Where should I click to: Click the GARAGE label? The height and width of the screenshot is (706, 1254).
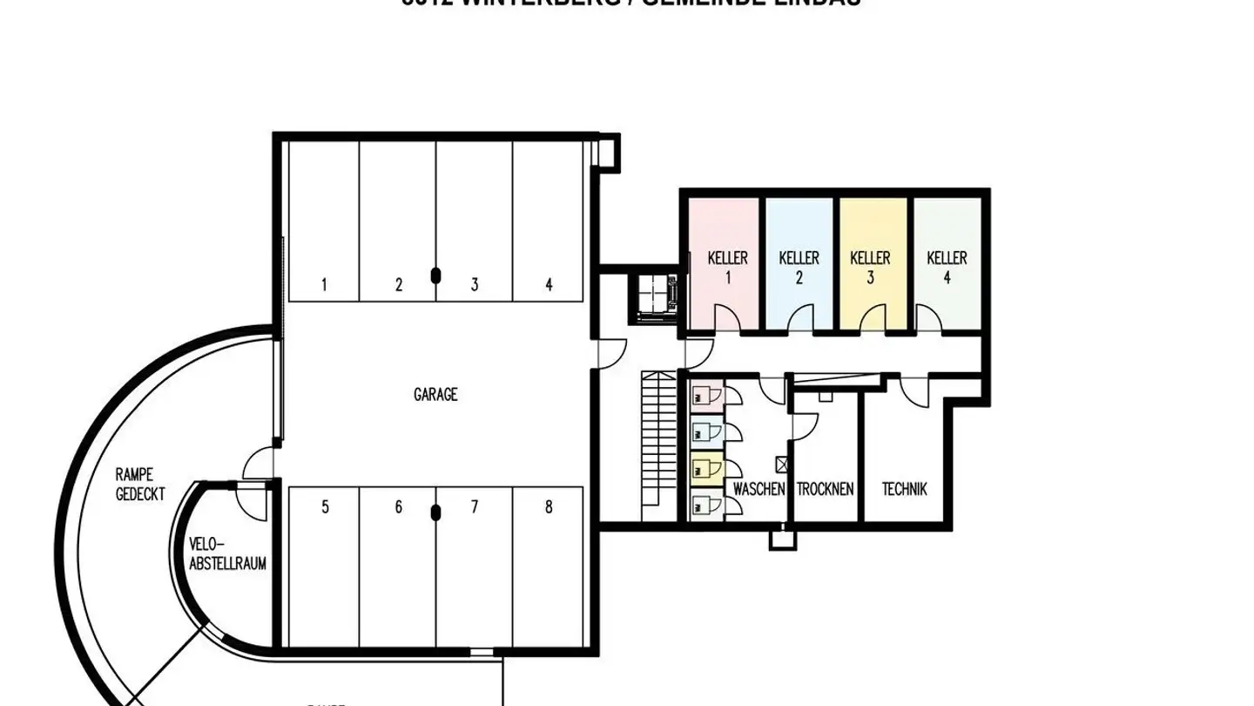(435, 395)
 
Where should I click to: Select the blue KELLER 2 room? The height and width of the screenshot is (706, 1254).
(799, 265)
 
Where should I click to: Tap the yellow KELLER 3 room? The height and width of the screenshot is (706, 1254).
(871, 265)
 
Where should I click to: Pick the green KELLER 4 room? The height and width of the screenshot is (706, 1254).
(947, 265)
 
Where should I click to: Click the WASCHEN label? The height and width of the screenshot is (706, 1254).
(758, 489)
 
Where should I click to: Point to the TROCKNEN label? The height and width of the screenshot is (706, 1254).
(825, 489)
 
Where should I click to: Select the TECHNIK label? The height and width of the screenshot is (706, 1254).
(905, 489)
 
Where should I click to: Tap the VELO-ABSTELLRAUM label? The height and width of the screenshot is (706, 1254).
(228, 553)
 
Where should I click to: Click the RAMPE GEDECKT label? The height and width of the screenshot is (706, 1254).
(140, 484)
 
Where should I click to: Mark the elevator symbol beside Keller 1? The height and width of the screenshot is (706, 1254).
(653, 299)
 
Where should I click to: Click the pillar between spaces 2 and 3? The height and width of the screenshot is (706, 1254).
(435, 275)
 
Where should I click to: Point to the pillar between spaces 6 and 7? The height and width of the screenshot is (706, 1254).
(435, 513)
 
